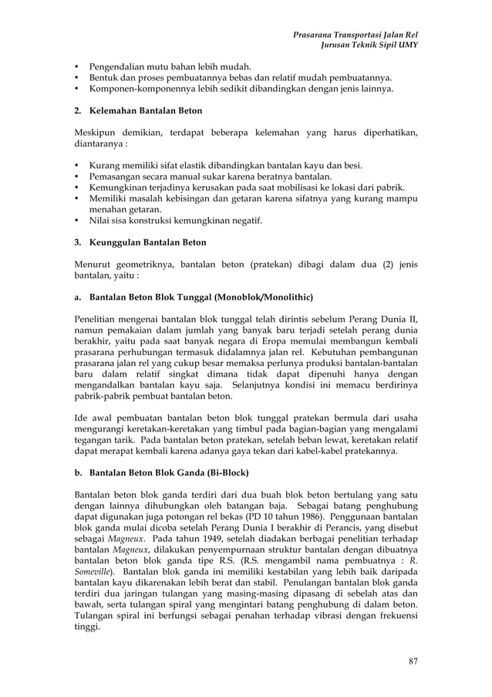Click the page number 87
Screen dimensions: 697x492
pos(412,661)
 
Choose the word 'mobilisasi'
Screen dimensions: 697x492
pos(305,187)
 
